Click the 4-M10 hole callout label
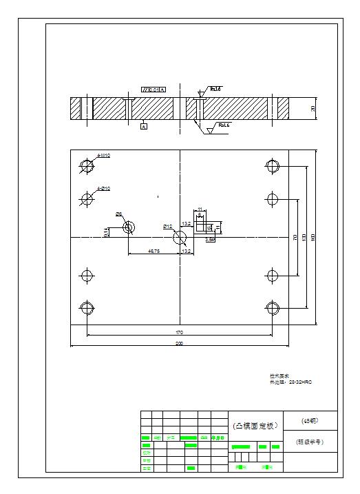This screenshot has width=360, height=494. (x=104, y=156)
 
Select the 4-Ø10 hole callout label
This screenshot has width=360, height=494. (x=104, y=188)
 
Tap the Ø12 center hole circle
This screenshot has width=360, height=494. (x=180, y=237)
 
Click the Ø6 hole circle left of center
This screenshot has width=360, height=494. (x=129, y=227)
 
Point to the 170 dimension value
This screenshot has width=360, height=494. (x=179, y=332)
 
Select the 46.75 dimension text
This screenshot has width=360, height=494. (x=154, y=251)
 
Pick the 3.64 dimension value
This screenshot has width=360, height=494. (x=211, y=240)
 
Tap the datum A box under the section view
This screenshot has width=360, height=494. (x=143, y=127)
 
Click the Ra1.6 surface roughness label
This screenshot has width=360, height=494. (x=224, y=125)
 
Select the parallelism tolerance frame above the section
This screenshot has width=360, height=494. (x=153, y=89)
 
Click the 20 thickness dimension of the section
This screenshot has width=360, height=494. (x=313, y=109)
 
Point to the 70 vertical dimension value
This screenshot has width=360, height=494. (x=295, y=237)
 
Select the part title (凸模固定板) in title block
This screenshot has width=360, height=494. (x=255, y=426)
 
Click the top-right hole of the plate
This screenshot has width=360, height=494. (x=273, y=165)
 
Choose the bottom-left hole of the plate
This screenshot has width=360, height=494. (x=87, y=308)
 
